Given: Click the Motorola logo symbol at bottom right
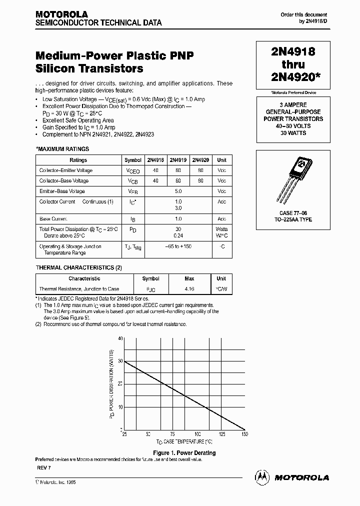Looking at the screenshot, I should point(262,477).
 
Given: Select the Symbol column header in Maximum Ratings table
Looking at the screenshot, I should point(132,160).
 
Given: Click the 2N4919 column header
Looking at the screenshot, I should point(178,160).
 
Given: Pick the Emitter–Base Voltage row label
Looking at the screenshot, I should point(62,191).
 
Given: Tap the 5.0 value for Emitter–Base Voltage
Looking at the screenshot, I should point(178,191).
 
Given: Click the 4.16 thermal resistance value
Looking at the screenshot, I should point(189,289).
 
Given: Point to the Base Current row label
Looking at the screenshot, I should point(53,219).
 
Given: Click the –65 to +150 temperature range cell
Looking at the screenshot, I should point(178,246).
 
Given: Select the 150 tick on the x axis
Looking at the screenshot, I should point(244,434).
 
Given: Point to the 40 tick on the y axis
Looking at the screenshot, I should point(120,338).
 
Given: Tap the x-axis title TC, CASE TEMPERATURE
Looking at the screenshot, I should point(184,442).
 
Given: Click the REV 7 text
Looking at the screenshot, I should point(43,467).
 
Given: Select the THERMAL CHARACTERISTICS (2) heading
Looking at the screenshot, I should point(78,267).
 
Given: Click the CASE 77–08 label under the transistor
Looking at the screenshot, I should point(293,213).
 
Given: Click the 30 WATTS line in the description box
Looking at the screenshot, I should point(293,133).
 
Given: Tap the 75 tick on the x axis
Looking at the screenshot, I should point(172,434).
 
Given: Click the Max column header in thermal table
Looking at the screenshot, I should point(189,278).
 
